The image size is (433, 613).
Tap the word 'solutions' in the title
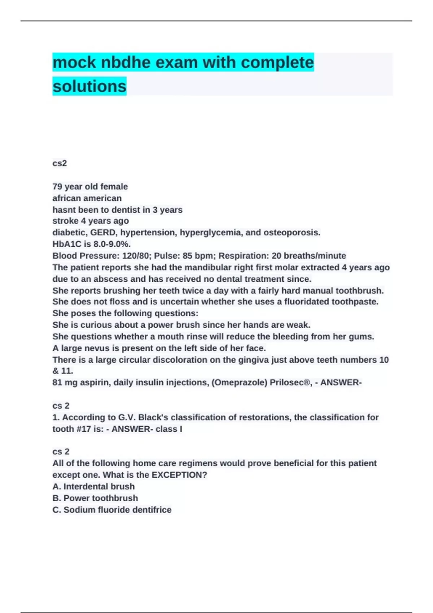point(89,86)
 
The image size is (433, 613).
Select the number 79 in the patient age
point(57,186)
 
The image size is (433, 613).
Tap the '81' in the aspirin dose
point(57,382)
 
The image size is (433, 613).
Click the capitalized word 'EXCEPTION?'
point(179,475)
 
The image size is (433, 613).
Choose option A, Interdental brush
point(93,486)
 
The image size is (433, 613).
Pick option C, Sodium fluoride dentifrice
point(112,510)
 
